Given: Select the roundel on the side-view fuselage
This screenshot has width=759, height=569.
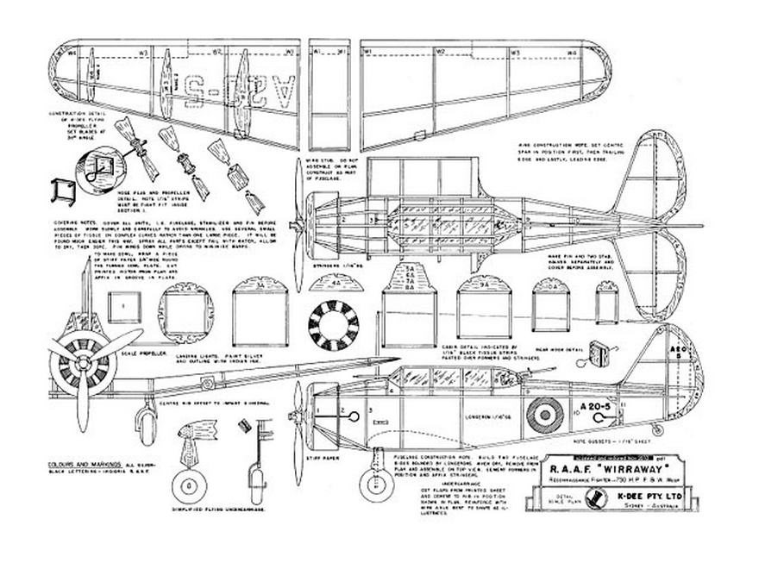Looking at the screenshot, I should tap(544, 415).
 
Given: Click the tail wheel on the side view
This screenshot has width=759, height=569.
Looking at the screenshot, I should tap(659, 429).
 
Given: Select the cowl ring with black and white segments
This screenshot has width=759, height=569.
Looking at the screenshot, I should tap(333, 327).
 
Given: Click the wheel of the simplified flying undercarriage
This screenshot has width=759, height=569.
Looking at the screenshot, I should tap(189, 487).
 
